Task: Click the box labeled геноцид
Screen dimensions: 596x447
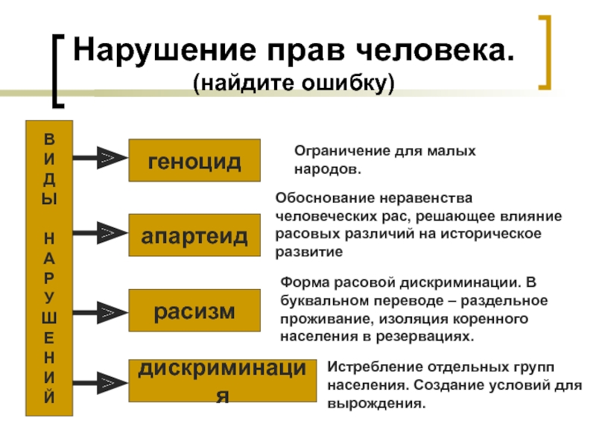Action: pos(194,160)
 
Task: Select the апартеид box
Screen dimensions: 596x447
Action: pos(194,235)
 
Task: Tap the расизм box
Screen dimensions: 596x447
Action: pos(194,311)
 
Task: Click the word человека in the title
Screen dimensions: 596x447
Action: pos(438,51)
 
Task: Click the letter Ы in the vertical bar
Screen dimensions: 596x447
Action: pos(49,199)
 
